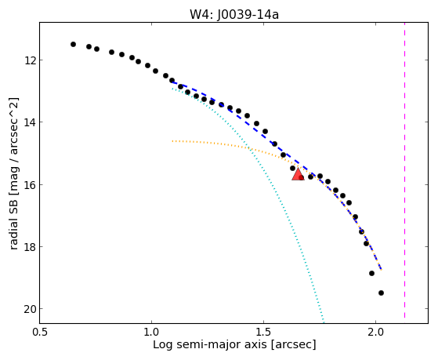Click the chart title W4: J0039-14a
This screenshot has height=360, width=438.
pyautogui.click(x=234, y=15)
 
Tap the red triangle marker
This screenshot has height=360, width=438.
pyautogui.click(x=298, y=174)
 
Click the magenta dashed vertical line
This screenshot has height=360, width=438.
pyautogui.click(x=404, y=170)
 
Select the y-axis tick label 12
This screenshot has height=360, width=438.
pyautogui.click(x=29, y=60)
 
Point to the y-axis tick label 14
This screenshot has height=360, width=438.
pyautogui.click(x=29, y=122)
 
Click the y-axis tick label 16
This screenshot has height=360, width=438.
pyautogui.click(x=29, y=184)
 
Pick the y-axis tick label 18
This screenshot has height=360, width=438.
pyautogui.click(x=29, y=247)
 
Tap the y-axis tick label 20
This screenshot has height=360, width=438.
pyautogui.click(x=29, y=309)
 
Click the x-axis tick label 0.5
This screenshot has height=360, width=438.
pyautogui.click(x=40, y=332)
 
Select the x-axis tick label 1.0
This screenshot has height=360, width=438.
pyautogui.click(x=152, y=332)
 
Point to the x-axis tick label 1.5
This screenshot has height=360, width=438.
pyautogui.click(x=264, y=332)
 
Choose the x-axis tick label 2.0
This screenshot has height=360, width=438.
pyautogui.click(x=375, y=332)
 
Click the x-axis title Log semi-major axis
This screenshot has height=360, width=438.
pyautogui.click(x=210, y=344)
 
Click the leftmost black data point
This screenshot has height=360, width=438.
pyautogui.click(x=73, y=44)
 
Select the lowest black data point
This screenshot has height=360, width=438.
pyautogui.click(x=381, y=293)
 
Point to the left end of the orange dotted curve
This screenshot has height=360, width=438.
pyautogui.click(x=172, y=141)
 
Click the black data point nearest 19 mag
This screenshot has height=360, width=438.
pyautogui.click(x=371, y=273)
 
